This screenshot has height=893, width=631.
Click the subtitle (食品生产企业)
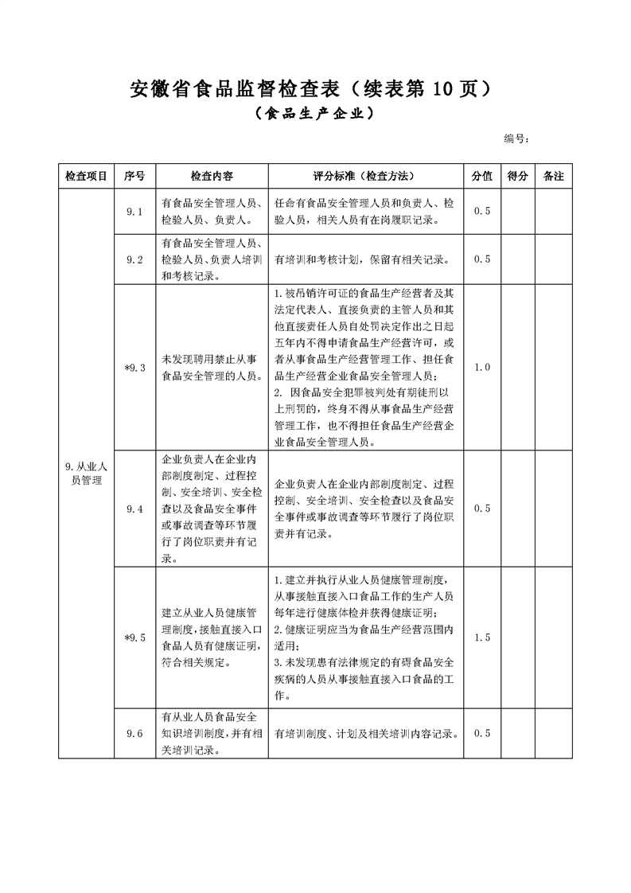[314, 114]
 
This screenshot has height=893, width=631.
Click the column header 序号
[134, 176]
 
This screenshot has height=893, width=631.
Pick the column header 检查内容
[212, 176]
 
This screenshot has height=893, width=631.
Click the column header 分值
[482, 176]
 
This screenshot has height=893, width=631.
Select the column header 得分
[518, 176]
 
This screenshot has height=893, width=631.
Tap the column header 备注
[553, 176]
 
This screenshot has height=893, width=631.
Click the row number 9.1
[134, 212]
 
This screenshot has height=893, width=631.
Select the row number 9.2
[134, 259]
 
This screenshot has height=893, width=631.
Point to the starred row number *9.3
[134, 367]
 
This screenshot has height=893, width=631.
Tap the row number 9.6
[134, 733]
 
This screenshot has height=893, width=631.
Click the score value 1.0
[482, 367]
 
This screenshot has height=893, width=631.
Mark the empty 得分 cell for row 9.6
[518, 733]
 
